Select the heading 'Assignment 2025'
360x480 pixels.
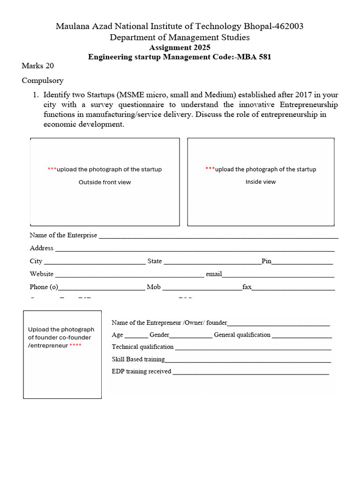coord(180,47)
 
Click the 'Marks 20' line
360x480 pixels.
coord(38,66)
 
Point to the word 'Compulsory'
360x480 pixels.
coord(43,80)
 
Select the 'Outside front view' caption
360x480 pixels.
coord(105,182)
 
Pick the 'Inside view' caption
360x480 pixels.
coord(261,181)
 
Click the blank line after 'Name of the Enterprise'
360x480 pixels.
coord(218,236)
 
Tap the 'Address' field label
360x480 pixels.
coord(42,248)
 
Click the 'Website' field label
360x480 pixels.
coord(42,274)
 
